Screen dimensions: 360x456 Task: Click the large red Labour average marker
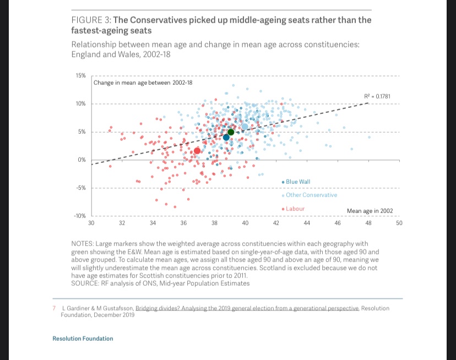coord(197,151)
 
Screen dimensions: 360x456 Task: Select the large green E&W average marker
coord(231,132)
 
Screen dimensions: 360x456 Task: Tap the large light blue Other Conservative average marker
coord(245,127)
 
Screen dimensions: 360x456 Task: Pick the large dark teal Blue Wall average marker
coord(226,138)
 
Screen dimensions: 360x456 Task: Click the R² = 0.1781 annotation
coord(377,97)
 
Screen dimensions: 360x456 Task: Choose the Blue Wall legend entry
coord(297,182)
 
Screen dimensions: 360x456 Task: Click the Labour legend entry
coord(295,209)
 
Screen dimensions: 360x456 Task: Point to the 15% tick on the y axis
coord(80,75)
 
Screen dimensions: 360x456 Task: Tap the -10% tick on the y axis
coord(80,216)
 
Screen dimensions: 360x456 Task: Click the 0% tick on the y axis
coord(82,160)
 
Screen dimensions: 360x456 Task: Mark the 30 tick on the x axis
coord(91,223)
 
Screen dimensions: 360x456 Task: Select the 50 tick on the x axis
coord(399,223)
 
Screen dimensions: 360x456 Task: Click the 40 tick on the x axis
coord(245,223)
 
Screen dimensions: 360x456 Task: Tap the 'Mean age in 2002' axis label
coord(370,211)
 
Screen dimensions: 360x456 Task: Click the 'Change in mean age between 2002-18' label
coord(143,83)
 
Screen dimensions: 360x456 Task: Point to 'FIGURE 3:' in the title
coord(91,20)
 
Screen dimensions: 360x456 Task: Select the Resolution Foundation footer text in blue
coord(83,339)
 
